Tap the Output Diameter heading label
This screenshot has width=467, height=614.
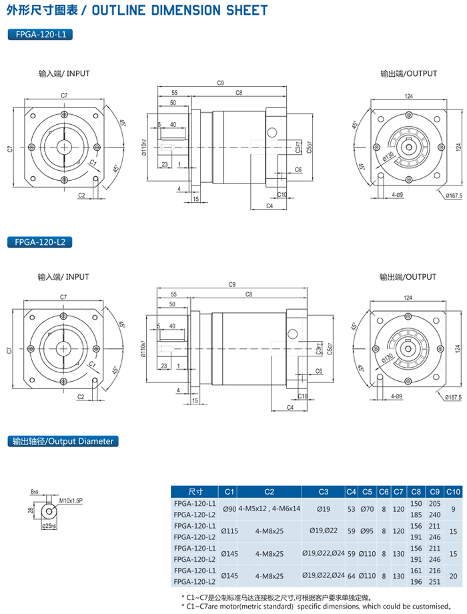[63, 441]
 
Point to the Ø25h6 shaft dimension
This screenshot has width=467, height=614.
[49, 526]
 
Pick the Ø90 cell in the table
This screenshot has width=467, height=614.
[229, 509]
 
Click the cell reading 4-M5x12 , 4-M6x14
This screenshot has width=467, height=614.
[270, 509]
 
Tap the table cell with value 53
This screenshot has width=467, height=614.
[352, 509]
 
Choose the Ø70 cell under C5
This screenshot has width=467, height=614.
[367, 509]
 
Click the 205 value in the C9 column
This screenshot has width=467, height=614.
[434, 503]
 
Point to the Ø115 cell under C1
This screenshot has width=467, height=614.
[229, 531]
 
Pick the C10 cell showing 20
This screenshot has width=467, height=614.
[454, 577]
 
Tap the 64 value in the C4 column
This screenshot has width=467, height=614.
[352, 577]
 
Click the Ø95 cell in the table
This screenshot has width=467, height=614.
[367, 531]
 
